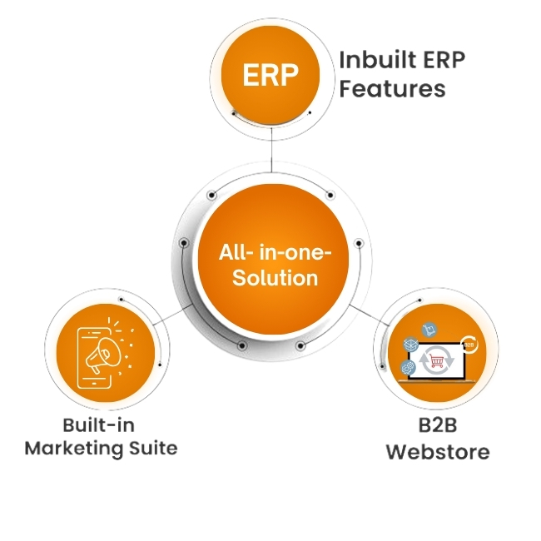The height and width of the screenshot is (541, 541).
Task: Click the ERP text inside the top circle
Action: pos(270,75)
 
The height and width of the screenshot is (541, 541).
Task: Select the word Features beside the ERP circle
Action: pos(393,88)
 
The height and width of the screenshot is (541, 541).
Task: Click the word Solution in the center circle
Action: pos(275,277)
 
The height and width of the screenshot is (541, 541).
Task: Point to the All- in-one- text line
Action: pos(275,252)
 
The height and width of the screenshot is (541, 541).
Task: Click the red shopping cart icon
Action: pos(437,361)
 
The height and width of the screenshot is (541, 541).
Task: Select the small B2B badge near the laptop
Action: pos(469,345)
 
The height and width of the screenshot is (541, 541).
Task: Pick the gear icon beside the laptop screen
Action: pos(409,368)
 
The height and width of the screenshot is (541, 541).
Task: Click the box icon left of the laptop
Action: pos(411,345)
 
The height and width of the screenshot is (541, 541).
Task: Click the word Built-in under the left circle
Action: pos(99,425)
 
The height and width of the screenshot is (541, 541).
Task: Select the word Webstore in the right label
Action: pos(438,452)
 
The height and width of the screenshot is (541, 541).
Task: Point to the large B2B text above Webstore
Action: pos(438,425)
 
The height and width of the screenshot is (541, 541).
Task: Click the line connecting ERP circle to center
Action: pos(271,151)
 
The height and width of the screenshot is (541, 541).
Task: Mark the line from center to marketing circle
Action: pos(173,315)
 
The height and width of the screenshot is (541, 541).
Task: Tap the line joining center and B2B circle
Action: pos(370,315)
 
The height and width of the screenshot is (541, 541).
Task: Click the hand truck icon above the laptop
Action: pos(429,330)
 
